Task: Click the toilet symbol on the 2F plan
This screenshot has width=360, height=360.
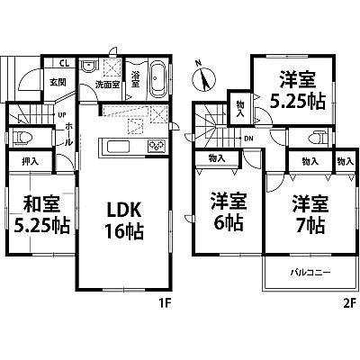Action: tap(317, 138)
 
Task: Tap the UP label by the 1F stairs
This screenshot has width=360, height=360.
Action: tap(61, 116)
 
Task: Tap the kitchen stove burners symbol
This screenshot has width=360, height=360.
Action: tap(154, 147)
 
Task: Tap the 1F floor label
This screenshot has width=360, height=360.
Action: tap(166, 303)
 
